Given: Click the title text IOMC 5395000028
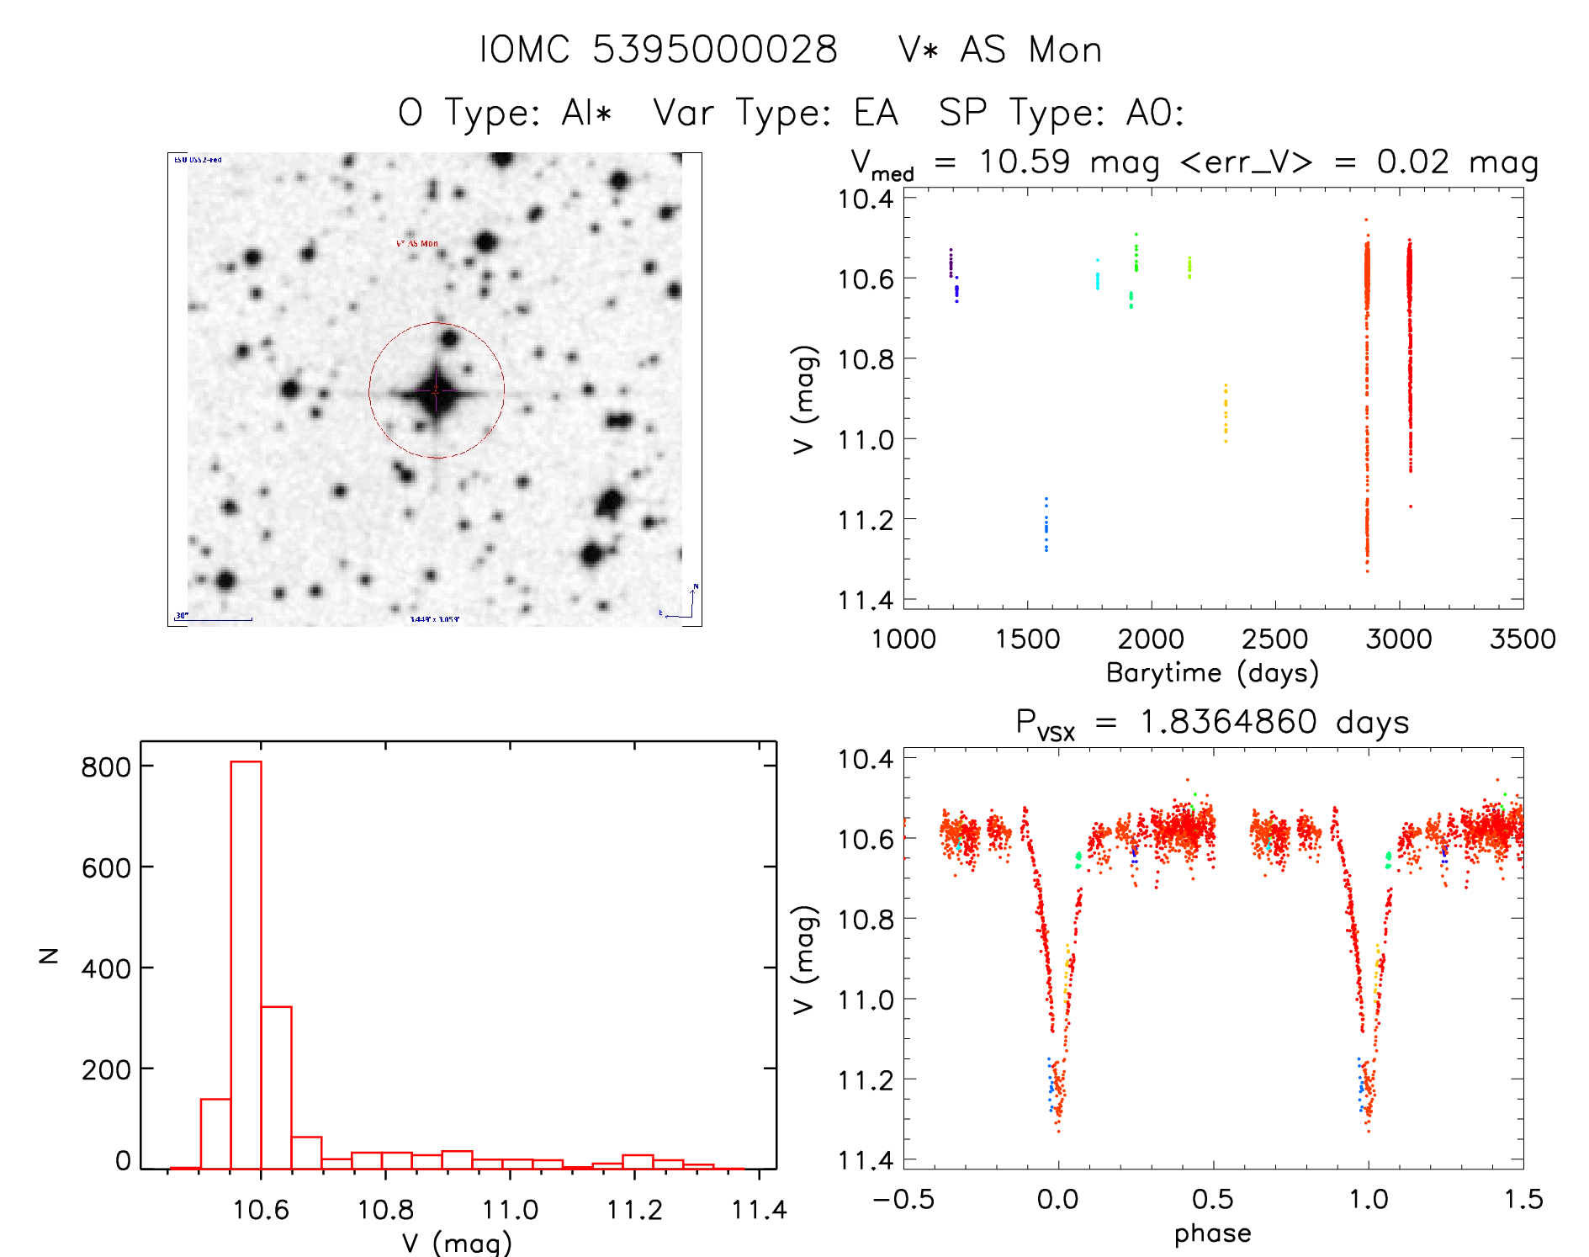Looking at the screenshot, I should click(x=658, y=50).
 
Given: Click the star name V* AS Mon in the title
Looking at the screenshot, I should click(x=999, y=50).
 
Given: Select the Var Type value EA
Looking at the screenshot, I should click(x=876, y=113).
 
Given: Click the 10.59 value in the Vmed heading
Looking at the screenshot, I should click(x=1025, y=162).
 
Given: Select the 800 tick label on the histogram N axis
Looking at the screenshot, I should click(x=106, y=766).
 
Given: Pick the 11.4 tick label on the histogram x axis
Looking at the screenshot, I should click(x=759, y=1210).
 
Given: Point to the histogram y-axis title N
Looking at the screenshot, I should click(x=50, y=955).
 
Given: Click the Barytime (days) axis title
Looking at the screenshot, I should click(x=1212, y=673).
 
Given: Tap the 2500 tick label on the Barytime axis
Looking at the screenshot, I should click(x=1274, y=639).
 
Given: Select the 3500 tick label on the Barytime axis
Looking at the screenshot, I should click(x=1523, y=639).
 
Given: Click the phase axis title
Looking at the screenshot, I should click(x=1212, y=1233).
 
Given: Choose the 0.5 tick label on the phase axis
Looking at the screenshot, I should click(x=1213, y=1199).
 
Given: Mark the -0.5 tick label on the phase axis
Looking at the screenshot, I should click(x=903, y=1199).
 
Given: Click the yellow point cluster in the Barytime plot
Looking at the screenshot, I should click(x=1226, y=412).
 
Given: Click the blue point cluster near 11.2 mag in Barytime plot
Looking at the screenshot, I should click(x=1046, y=525).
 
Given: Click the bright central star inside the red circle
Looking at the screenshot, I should click(x=436, y=391).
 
